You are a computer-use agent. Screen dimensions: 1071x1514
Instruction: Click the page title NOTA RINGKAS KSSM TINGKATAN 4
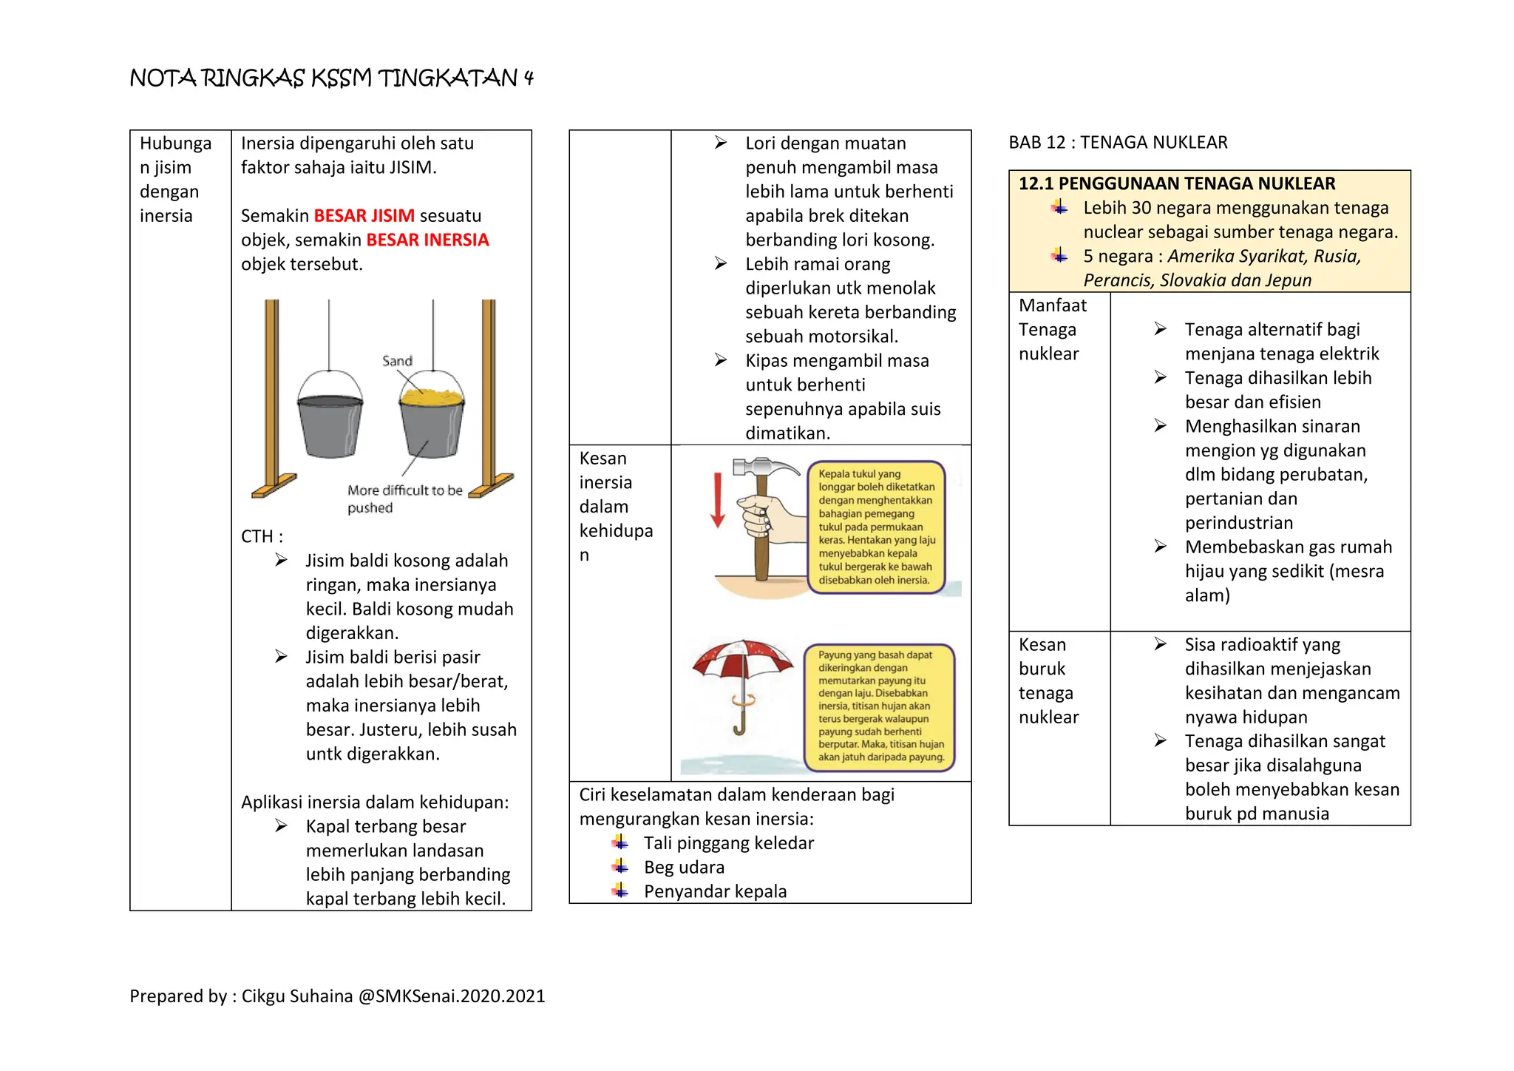tap(331, 78)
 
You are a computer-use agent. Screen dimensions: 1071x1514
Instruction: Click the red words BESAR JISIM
tap(364, 216)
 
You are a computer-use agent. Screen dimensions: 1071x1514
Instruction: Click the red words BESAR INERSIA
tap(427, 240)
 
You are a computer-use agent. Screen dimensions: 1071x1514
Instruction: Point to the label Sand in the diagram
tap(397, 361)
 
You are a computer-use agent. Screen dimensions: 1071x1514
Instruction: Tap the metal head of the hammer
tap(758, 467)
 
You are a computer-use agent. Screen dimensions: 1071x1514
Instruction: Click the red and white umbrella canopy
tap(741, 658)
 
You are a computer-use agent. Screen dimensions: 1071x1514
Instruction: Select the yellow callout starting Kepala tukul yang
tap(876, 527)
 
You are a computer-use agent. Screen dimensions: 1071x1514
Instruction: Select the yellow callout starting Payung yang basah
tap(880, 706)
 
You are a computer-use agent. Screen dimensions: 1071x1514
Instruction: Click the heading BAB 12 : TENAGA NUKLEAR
tap(1118, 143)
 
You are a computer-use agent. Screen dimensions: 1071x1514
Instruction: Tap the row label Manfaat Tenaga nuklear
tap(1052, 330)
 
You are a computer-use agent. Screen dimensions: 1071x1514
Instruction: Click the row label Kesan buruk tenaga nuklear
tap(1048, 680)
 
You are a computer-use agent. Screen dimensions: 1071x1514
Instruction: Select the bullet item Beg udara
tap(684, 867)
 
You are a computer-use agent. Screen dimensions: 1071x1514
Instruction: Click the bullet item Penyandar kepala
tap(715, 891)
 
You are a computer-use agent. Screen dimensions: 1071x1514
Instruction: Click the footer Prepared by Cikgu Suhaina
tap(337, 996)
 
